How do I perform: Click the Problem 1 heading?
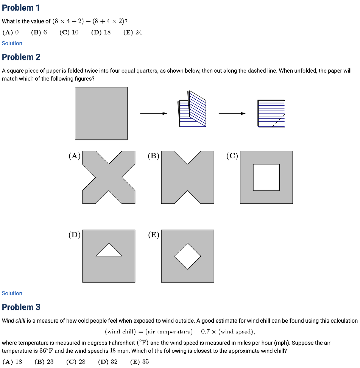(x=21, y=8)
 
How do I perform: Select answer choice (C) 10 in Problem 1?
(x=69, y=32)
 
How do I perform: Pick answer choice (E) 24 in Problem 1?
(x=133, y=32)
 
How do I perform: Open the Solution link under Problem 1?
(x=12, y=43)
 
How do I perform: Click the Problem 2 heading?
(x=21, y=57)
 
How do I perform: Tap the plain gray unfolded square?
(x=101, y=113)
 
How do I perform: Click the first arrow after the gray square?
(x=153, y=113)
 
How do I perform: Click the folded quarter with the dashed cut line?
(x=271, y=114)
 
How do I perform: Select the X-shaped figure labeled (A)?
(x=109, y=177)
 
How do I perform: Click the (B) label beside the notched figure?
(x=154, y=156)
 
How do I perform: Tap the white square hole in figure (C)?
(x=266, y=177)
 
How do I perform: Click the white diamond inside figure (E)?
(x=188, y=256)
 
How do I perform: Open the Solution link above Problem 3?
(x=12, y=293)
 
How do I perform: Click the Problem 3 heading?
(x=21, y=307)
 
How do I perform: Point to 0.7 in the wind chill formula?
(x=205, y=332)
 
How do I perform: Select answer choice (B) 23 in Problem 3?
(x=44, y=362)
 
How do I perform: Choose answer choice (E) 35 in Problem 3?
(x=139, y=362)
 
